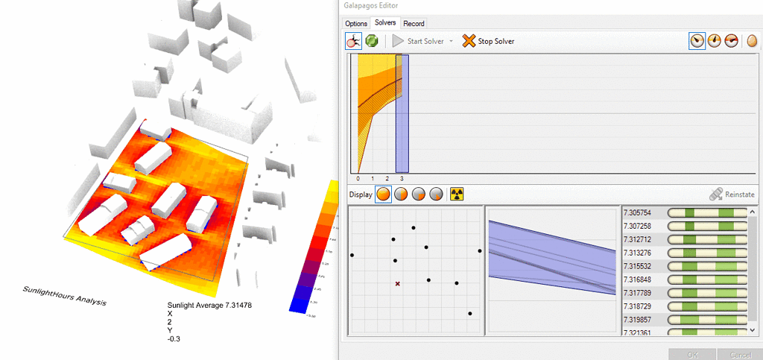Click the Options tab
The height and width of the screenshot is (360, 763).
pos(356,24)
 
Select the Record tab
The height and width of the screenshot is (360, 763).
pos(414,24)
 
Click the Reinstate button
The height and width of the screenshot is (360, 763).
pos(727,194)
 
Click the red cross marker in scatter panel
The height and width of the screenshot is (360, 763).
pos(398,283)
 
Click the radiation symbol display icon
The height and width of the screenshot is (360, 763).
pos(457,194)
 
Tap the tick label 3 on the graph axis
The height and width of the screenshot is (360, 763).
pos(402,179)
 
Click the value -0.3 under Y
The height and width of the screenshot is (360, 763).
pos(174,339)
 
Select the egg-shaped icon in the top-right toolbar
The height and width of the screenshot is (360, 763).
pos(752,41)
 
